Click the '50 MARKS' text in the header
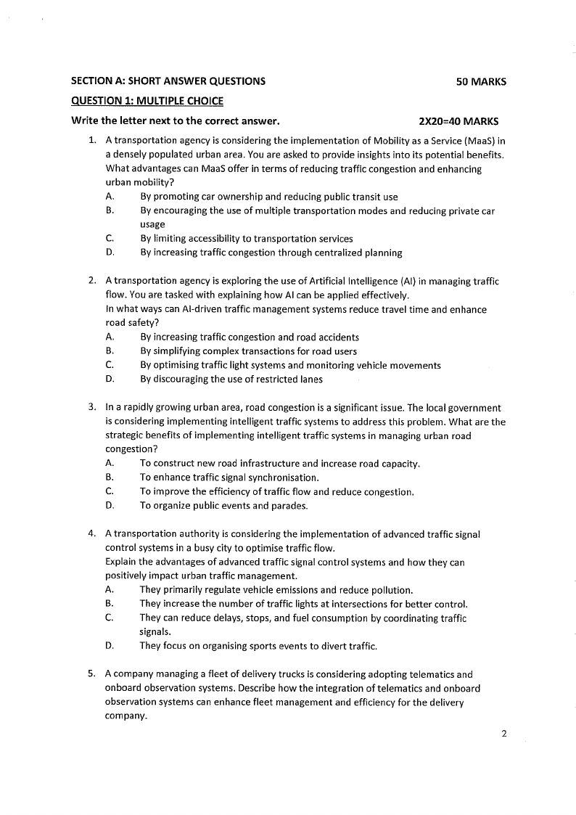coord(481,82)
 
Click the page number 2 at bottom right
coord(503,734)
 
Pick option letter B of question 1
coord(109,210)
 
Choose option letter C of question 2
coord(109,365)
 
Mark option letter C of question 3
coord(109,491)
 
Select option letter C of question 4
coord(109,618)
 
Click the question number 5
coord(91,673)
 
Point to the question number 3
coord(91,408)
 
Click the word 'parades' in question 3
coord(290,506)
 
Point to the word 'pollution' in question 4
coord(391,590)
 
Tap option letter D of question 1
coord(109,253)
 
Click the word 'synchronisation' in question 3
coord(282,478)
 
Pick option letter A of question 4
coord(109,590)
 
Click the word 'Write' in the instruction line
coord(85,120)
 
